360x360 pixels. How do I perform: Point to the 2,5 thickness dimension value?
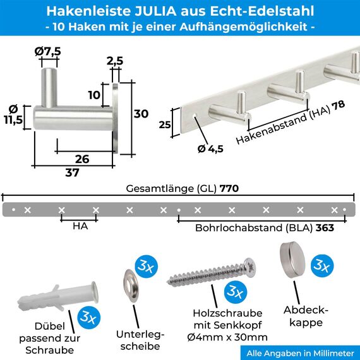point(115,61)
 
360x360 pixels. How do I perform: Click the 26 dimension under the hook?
point(82,159)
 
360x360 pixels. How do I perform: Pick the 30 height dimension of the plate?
point(141,114)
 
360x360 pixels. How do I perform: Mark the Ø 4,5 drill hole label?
point(211,149)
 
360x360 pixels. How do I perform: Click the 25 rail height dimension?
point(165,124)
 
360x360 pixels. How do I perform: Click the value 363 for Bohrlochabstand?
point(325,228)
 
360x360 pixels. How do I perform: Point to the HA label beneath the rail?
point(79,225)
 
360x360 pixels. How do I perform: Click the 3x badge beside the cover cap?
point(323,266)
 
